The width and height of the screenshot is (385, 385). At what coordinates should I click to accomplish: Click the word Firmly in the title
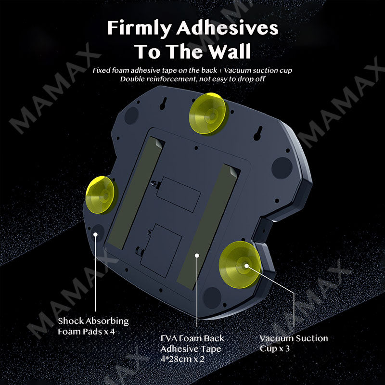point(139,29)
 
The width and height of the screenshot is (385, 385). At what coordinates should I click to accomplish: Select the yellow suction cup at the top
point(208,114)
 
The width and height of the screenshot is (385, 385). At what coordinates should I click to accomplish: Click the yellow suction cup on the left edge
point(101,195)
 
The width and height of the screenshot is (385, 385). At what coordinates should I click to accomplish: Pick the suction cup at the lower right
point(240,264)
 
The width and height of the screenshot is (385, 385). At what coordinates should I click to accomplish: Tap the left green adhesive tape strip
point(136,193)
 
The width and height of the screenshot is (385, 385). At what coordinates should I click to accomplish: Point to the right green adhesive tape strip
point(208,227)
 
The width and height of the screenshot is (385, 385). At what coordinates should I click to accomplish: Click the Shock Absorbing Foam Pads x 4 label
point(93,326)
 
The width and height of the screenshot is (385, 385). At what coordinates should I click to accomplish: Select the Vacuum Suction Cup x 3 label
point(294,343)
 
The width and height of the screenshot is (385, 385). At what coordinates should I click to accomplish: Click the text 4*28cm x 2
point(182,359)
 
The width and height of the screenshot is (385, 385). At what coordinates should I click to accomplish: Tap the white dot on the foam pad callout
point(95,234)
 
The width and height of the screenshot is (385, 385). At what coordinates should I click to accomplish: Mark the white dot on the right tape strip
point(197,256)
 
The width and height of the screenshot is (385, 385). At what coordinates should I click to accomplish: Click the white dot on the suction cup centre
point(246,266)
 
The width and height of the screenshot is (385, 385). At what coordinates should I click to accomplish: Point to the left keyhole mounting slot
point(163,103)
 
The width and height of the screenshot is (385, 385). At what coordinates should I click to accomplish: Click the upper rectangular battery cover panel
point(179,194)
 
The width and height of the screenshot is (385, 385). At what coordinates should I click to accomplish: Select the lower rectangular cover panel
point(161,251)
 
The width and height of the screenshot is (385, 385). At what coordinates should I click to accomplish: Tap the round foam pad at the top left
point(131,115)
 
